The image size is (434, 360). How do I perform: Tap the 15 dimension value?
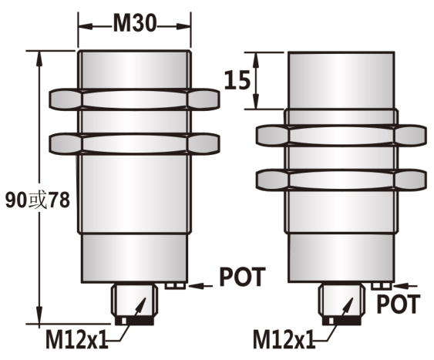tap(237, 80)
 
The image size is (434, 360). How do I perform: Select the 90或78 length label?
tap(38, 200)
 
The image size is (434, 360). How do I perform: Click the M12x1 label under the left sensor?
tap(76, 339)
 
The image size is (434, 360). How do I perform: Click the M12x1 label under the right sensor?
tap(284, 339)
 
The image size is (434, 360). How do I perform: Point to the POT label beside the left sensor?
tap(243, 277)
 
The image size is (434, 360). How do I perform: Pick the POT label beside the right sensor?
tap(399, 304)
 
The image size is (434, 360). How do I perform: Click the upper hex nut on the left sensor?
tap(134, 99)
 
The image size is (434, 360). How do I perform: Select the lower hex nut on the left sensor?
tap(134, 143)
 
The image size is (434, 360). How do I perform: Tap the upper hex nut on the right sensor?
tap(341, 136)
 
